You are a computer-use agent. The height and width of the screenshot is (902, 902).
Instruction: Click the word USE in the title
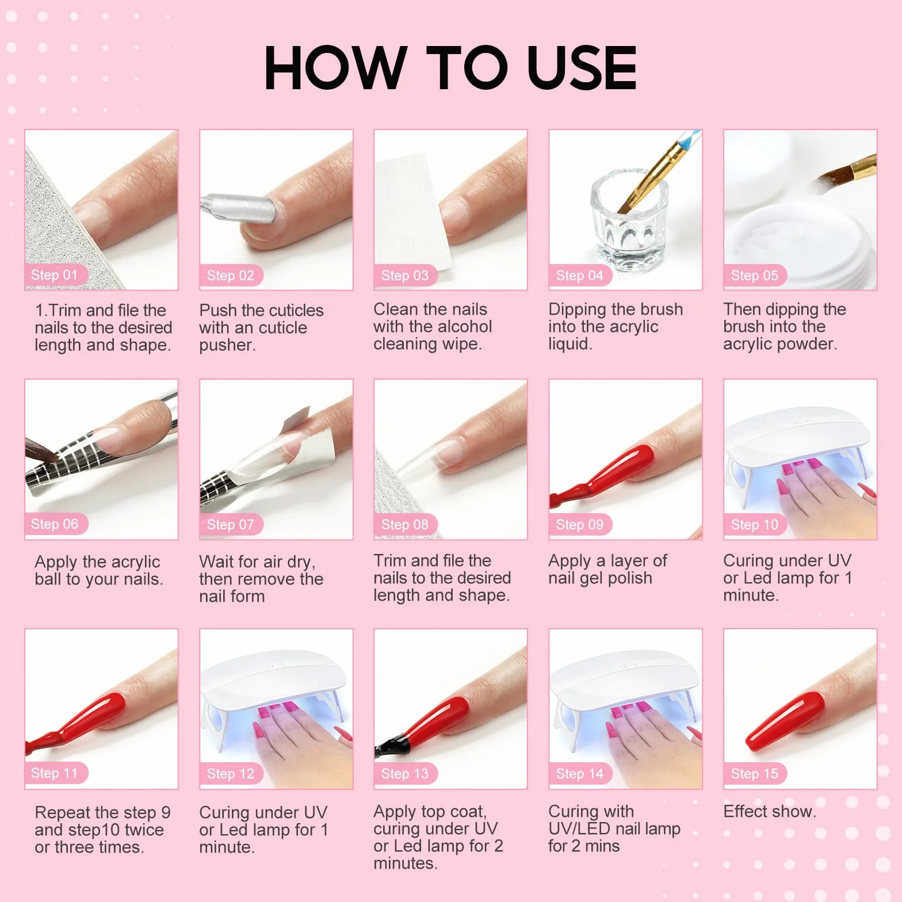582,68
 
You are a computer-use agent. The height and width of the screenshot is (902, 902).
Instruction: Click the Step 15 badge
755,774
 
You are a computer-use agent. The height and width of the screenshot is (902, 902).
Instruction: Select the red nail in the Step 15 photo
786,721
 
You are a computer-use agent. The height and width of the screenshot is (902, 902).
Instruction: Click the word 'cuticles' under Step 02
290,310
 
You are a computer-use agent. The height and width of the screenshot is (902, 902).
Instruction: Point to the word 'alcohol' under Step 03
458,326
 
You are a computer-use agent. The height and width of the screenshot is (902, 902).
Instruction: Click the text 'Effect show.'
770,811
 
